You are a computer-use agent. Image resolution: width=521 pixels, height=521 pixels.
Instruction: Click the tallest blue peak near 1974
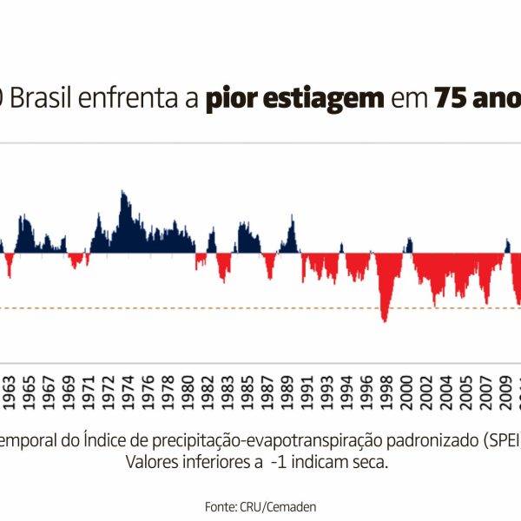click(122, 193)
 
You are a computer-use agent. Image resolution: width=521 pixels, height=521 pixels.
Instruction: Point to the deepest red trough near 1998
click(384, 320)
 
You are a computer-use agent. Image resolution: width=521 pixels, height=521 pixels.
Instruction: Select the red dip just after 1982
click(224, 280)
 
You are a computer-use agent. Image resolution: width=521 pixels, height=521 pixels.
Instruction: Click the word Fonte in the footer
click(220, 505)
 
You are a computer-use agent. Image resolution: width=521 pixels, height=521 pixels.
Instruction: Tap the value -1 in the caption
click(278, 461)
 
